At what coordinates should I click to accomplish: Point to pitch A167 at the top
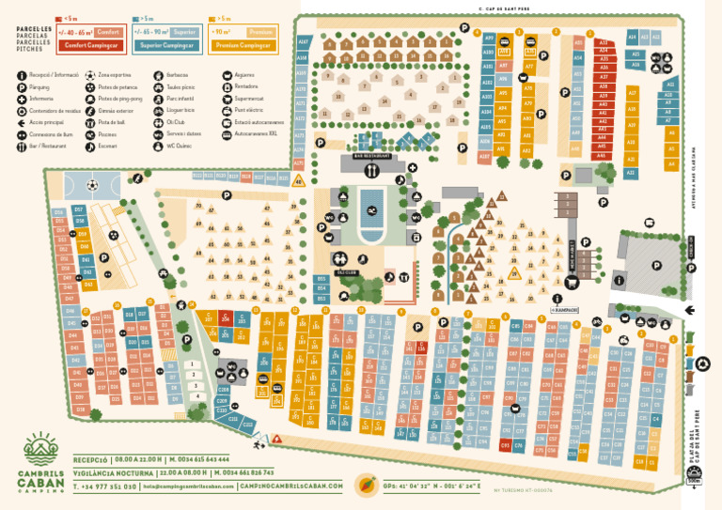[303, 42]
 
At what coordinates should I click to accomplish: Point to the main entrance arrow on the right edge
[691, 309]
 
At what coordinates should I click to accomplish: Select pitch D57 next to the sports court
[79, 209]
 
